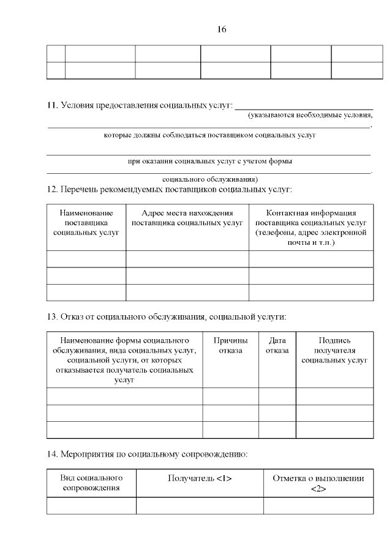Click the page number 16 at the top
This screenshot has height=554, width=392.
(x=222, y=29)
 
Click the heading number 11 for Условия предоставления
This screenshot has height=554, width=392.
(x=52, y=106)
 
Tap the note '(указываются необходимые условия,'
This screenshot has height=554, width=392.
(x=310, y=115)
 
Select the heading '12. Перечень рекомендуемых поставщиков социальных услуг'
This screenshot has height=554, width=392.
(x=170, y=190)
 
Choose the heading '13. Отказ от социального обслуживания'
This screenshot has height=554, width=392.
(x=167, y=317)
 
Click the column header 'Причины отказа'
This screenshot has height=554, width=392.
(x=230, y=345)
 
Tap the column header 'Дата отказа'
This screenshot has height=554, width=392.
(x=277, y=345)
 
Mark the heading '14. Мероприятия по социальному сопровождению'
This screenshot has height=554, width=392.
(x=147, y=454)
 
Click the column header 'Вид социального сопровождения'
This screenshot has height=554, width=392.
(x=91, y=482)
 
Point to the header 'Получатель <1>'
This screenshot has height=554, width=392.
(x=200, y=478)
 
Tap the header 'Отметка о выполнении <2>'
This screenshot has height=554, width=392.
(x=318, y=482)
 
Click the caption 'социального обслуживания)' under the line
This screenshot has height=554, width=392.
(x=210, y=180)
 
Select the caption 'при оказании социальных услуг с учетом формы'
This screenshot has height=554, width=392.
(x=209, y=162)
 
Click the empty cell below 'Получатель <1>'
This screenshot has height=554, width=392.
(x=200, y=505)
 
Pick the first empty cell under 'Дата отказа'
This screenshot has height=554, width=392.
(x=277, y=396)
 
